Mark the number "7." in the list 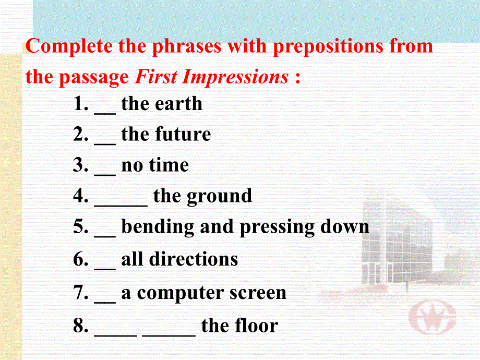click(x=81, y=293)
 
